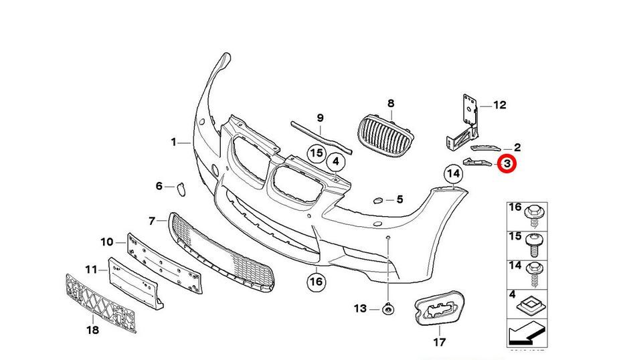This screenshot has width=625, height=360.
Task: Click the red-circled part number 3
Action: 507,163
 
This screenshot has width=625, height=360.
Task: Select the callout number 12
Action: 500,105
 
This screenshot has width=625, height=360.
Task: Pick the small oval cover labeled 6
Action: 181,189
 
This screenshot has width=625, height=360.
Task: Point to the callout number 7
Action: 152,220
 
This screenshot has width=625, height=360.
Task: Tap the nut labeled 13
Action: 387,309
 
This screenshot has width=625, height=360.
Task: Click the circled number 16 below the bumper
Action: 316,282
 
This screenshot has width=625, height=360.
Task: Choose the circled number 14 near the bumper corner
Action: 454,175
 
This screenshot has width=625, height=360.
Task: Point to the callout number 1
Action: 173,143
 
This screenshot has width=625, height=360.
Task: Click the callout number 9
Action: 321,118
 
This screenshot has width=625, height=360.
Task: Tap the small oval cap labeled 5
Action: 377,200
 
